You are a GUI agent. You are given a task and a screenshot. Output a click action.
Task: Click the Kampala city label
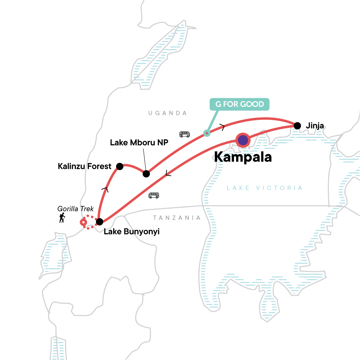click(x=243, y=157)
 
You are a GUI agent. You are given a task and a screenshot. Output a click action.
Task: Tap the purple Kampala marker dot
click(x=243, y=140)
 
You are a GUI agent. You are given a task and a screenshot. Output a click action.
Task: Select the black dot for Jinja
click(x=297, y=126)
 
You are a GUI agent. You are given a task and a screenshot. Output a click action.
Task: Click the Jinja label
click(x=315, y=126)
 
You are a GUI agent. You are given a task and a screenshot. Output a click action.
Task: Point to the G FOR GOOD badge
click(x=239, y=104)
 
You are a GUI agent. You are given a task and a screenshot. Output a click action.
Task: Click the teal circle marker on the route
click(x=207, y=133)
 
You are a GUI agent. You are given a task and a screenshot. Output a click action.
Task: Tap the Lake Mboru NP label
click(x=139, y=142)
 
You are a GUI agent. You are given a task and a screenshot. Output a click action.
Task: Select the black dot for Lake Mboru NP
click(x=146, y=174)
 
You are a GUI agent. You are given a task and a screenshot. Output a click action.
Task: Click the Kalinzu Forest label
click(x=84, y=166)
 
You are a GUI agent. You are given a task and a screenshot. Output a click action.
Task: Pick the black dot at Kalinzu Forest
click(x=120, y=166)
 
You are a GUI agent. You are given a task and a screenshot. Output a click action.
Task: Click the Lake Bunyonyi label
click(x=131, y=232)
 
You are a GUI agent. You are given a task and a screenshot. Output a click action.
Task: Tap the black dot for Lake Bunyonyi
click(x=99, y=222)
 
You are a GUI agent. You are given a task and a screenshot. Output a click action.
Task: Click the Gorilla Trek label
click(x=76, y=209)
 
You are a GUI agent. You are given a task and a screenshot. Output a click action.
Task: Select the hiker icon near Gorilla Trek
click(x=62, y=218)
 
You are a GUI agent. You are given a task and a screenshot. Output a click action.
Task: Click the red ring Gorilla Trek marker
click(x=83, y=222)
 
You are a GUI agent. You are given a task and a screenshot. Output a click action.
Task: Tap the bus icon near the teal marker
click(x=184, y=134)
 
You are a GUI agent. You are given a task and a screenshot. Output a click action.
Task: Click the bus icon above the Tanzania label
click(x=154, y=196)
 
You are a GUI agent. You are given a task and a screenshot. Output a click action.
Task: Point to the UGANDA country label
click(x=168, y=113)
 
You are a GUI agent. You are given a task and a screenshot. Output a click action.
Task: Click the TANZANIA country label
click(x=177, y=218)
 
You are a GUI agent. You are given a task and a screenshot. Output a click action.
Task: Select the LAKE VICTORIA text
click(x=264, y=188)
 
